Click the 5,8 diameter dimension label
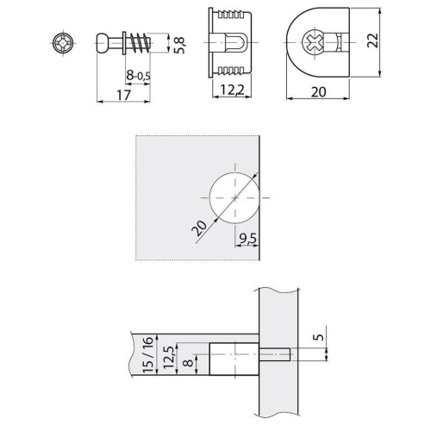180,45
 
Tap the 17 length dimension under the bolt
123,95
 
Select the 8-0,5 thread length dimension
138,76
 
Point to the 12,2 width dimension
232,91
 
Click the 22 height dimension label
372,41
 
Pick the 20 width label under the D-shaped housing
319,92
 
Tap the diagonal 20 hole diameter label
199,228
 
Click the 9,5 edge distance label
247,239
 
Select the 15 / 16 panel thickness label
148,355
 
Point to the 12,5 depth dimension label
169,357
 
